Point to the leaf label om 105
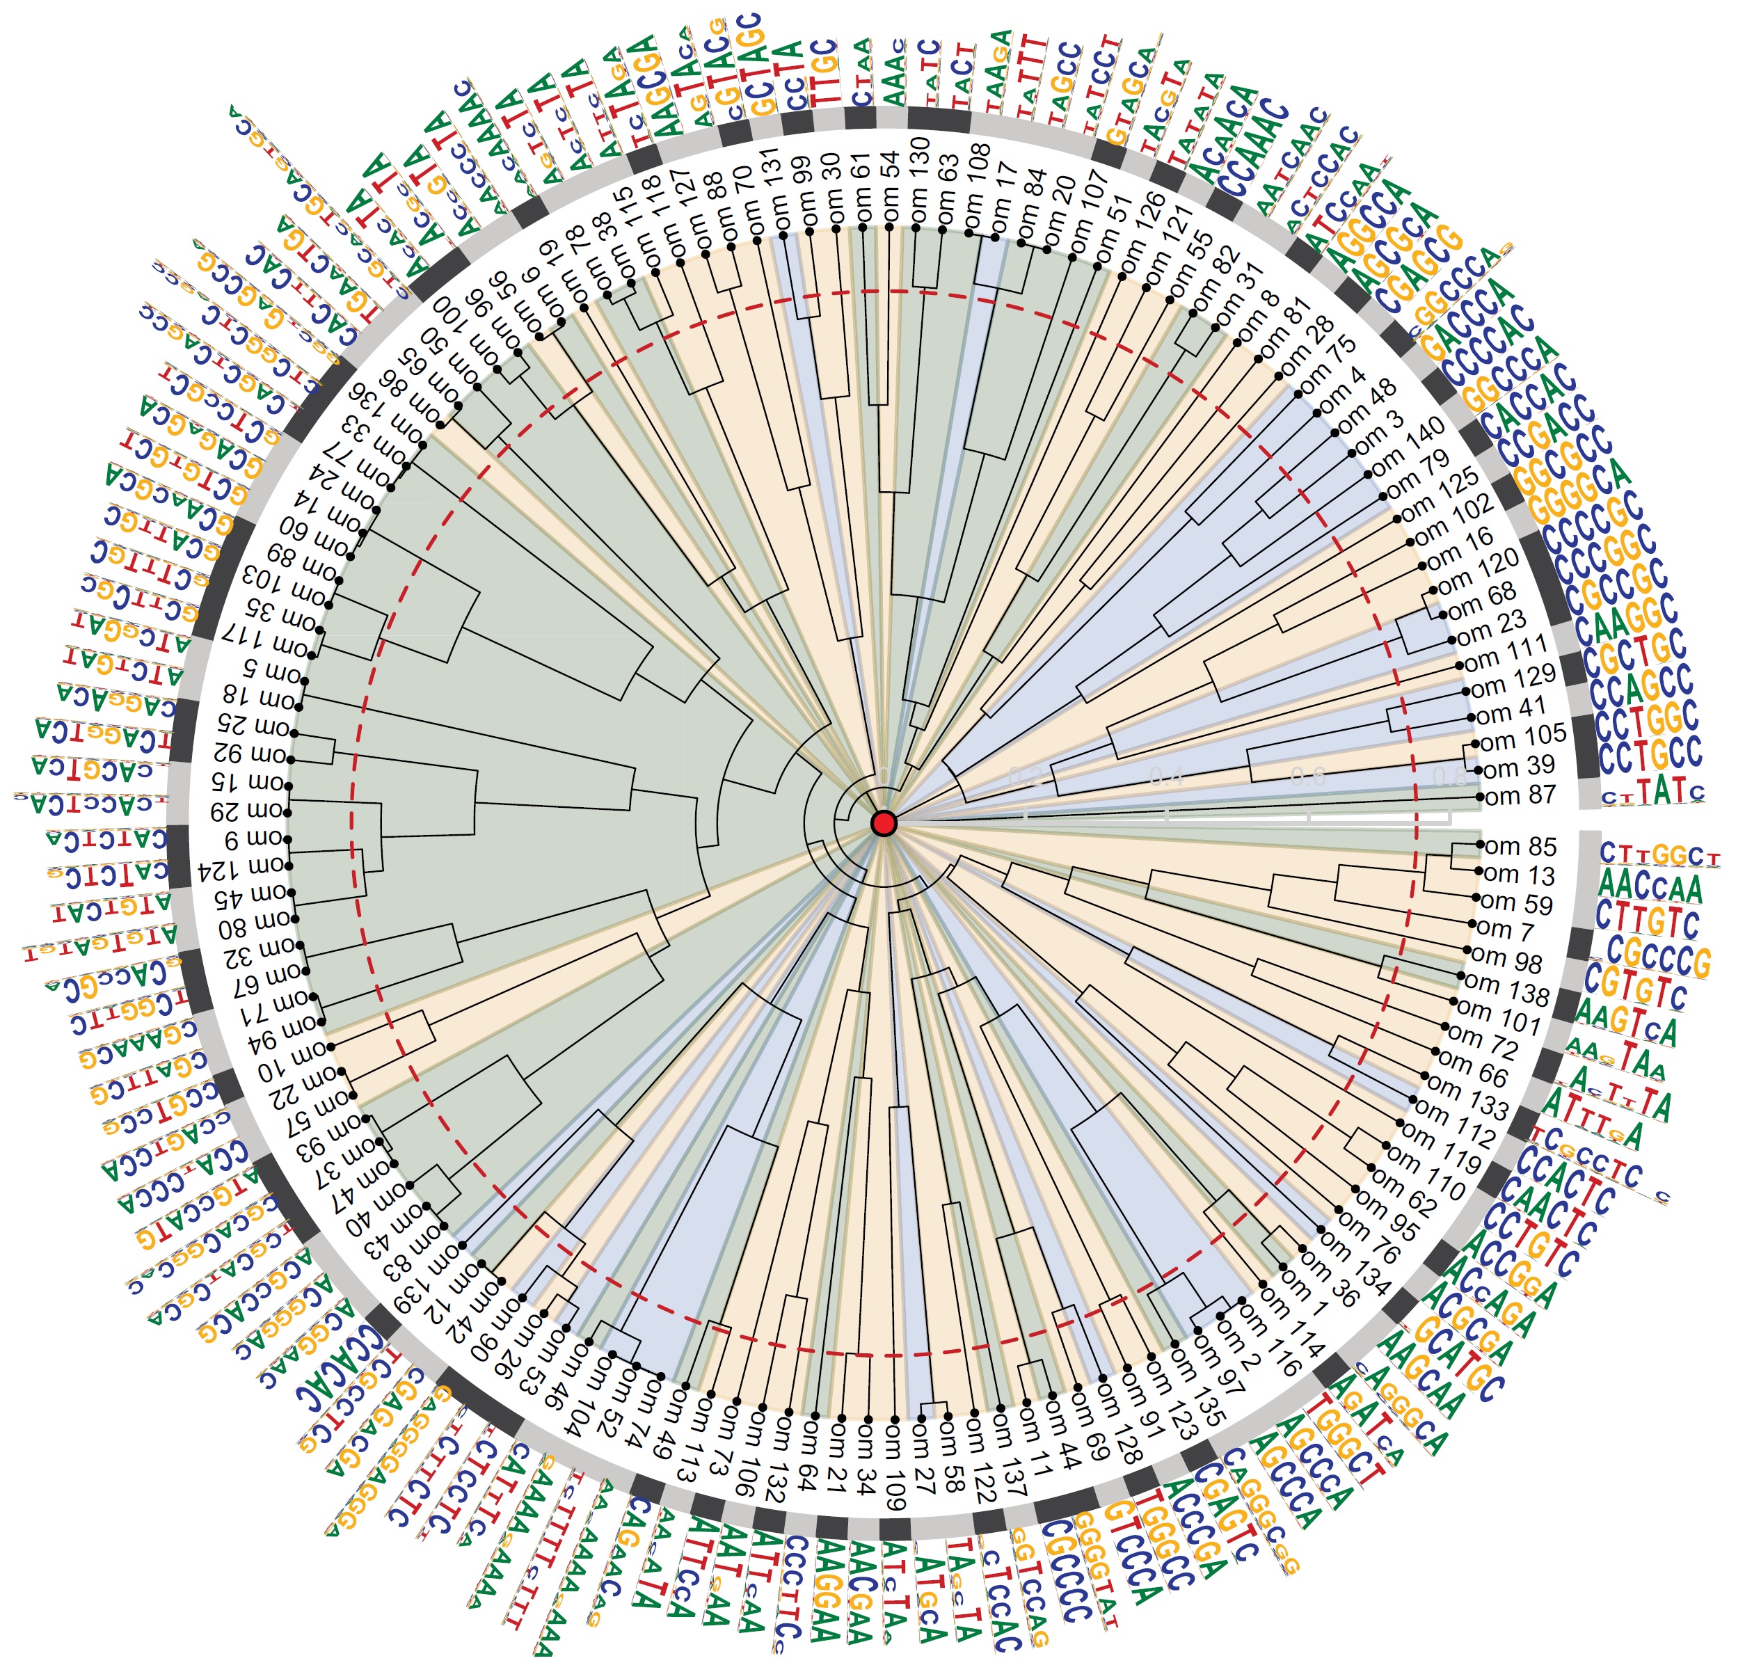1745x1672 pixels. [1522, 736]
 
